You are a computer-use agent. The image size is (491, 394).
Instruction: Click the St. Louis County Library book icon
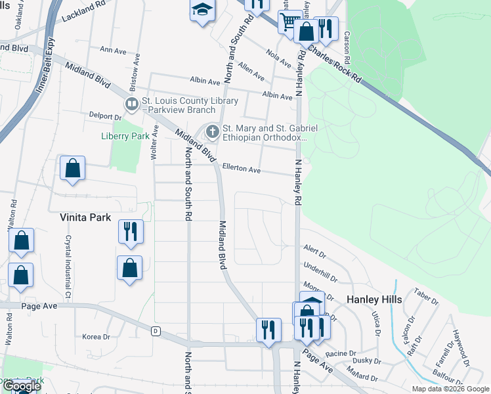(131, 104)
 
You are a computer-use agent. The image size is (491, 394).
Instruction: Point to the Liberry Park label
(125, 137)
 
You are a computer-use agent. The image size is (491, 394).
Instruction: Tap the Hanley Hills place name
(374, 299)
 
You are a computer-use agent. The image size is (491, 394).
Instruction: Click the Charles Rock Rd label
(334, 63)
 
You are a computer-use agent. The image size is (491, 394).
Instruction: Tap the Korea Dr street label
(96, 337)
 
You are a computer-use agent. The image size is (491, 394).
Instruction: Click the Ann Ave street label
(112, 50)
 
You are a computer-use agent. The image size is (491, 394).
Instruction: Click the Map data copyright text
(450, 389)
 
